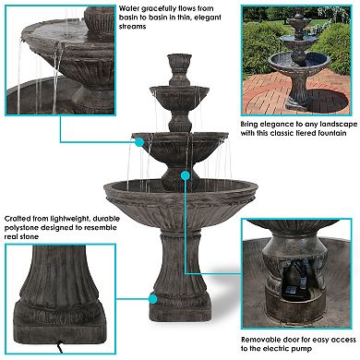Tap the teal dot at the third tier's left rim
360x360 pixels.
pos(138,142)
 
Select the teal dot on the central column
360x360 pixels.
pos(186,174)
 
